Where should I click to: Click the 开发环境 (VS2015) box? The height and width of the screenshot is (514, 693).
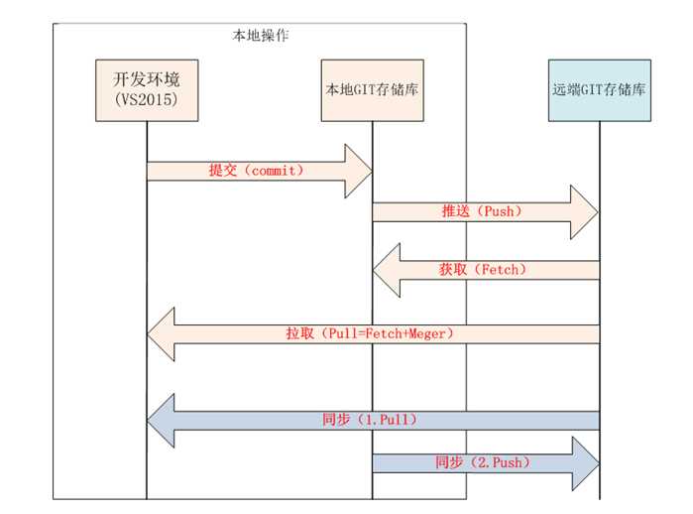click(x=146, y=88)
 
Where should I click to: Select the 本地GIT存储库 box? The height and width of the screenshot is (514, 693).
click(x=372, y=89)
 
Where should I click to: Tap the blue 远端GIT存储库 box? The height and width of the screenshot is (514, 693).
click(x=600, y=89)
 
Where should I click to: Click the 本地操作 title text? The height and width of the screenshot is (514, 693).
click(x=261, y=35)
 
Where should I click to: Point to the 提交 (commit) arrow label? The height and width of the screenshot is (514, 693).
click(x=256, y=171)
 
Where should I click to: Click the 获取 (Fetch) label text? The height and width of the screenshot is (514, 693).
click(x=481, y=269)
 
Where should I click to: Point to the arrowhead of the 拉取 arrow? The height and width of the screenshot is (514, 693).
click(x=162, y=334)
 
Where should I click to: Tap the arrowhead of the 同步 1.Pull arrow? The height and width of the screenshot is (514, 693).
click(x=162, y=420)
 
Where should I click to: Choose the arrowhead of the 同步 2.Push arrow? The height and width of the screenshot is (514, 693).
click(x=585, y=462)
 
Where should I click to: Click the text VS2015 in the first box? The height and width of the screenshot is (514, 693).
click(x=146, y=99)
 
